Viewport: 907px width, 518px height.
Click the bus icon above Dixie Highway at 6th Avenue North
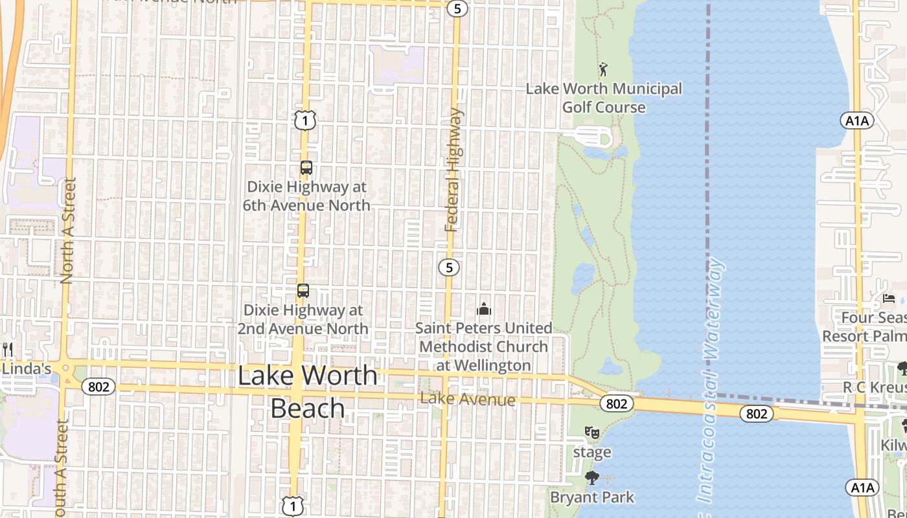tap(306, 168)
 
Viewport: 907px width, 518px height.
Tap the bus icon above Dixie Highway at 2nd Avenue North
tap(303, 291)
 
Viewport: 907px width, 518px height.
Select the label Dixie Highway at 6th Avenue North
tap(306, 196)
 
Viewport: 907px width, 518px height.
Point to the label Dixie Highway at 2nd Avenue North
tap(303, 319)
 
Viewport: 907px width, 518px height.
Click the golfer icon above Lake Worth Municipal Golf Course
tap(603, 69)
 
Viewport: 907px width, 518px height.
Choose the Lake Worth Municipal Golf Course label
tap(604, 98)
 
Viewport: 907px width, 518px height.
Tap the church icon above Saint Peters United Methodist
tap(484, 309)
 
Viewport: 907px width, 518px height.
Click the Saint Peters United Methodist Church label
tap(484, 346)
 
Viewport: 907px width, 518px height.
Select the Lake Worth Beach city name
tap(308, 392)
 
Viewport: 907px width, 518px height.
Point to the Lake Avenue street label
tap(468, 400)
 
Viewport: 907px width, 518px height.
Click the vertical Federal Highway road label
tap(454, 170)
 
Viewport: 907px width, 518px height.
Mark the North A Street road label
tap(67, 231)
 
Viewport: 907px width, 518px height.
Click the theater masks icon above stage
tap(591, 432)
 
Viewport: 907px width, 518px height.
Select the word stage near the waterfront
tap(591, 452)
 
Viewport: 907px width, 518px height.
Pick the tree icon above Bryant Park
tap(591, 479)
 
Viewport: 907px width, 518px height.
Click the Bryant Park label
tap(592, 497)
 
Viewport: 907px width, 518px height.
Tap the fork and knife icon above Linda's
tap(8, 350)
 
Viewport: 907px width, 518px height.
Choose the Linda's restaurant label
tap(26, 369)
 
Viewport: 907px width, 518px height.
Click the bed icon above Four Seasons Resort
tap(889, 298)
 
